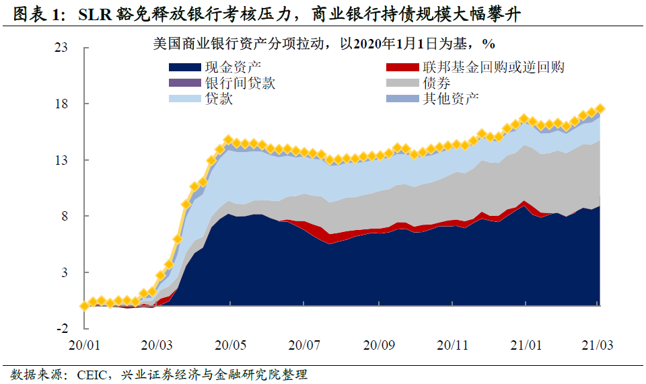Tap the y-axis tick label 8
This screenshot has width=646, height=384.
(x=65, y=217)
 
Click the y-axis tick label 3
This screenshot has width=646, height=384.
(x=65, y=272)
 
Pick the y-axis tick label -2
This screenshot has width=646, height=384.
(x=63, y=329)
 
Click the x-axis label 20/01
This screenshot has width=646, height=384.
(x=84, y=345)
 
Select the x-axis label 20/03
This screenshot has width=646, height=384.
(x=157, y=345)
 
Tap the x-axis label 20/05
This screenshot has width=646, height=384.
(x=231, y=345)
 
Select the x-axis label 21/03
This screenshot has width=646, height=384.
(x=597, y=345)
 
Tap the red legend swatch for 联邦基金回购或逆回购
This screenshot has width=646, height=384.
(x=402, y=67)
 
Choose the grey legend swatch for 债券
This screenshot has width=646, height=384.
(x=402, y=83)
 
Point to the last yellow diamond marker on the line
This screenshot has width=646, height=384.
(x=600, y=108)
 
